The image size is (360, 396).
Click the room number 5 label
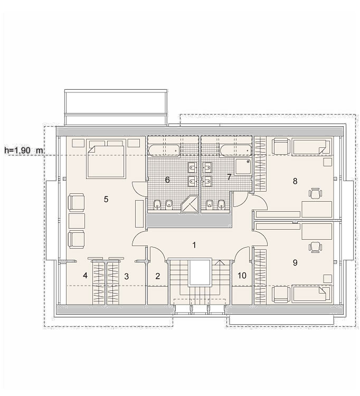[106, 199]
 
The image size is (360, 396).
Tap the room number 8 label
[295, 181]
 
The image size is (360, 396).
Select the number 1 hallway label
[194, 245]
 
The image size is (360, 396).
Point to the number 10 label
[242, 276]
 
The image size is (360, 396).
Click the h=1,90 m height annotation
[24, 150]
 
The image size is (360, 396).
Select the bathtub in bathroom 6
[164, 150]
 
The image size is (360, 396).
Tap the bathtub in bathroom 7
[236, 150]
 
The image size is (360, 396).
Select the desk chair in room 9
[316, 247]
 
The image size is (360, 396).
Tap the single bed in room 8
[311, 147]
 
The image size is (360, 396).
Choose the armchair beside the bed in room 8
[280, 147]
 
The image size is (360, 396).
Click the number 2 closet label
[158, 276]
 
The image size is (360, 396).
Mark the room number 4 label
[85, 276]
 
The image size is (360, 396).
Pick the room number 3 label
[126, 276]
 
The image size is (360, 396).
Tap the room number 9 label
[295, 262]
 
